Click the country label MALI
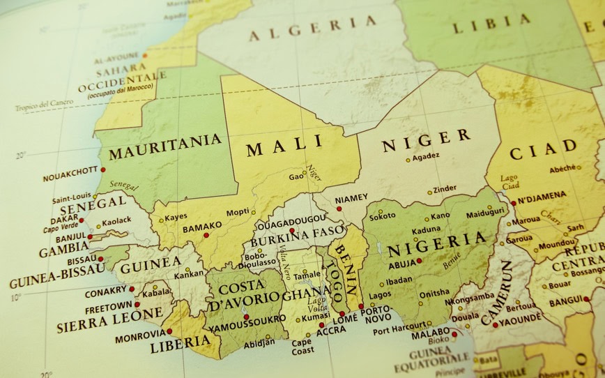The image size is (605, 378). point(285,147)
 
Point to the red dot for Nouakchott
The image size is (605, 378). point(103,169)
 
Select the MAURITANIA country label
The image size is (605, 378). point(165,146)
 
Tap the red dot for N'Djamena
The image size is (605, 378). point(514,203)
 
